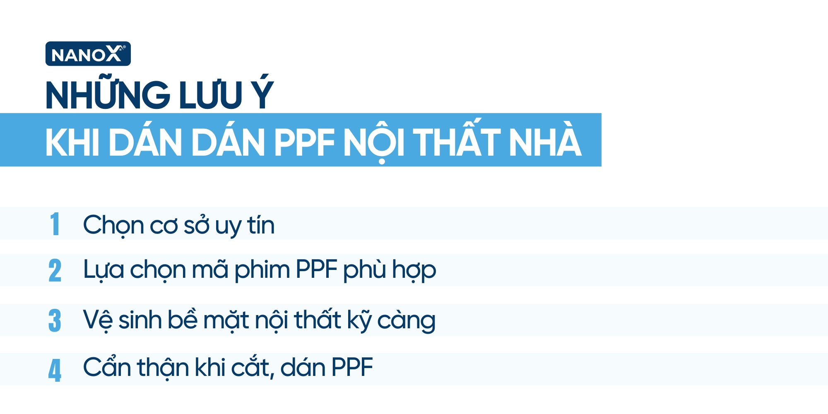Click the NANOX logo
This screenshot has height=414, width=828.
pyautogui.click(x=88, y=54)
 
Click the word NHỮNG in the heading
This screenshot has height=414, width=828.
pyautogui.click(x=108, y=95)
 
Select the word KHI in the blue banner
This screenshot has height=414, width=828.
pyautogui.click(x=72, y=142)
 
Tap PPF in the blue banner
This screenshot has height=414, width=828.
pyautogui.click(x=304, y=142)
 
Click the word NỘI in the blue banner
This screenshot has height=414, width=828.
pyautogui.click(x=373, y=142)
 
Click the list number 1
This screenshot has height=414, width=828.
pyautogui.click(x=55, y=224)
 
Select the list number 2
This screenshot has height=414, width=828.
pyautogui.click(x=55, y=271)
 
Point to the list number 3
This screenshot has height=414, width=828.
pyautogui.click(x=55, y=320)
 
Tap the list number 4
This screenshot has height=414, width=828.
pyautogui.click(x=55, y=370)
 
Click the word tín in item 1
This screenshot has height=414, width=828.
pyautogui.click(x=261, y=225)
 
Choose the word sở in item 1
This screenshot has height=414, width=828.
pyautogui.click(x=196, y=226)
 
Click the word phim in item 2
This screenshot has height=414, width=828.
pyautogui.click(x=262, y=270)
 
